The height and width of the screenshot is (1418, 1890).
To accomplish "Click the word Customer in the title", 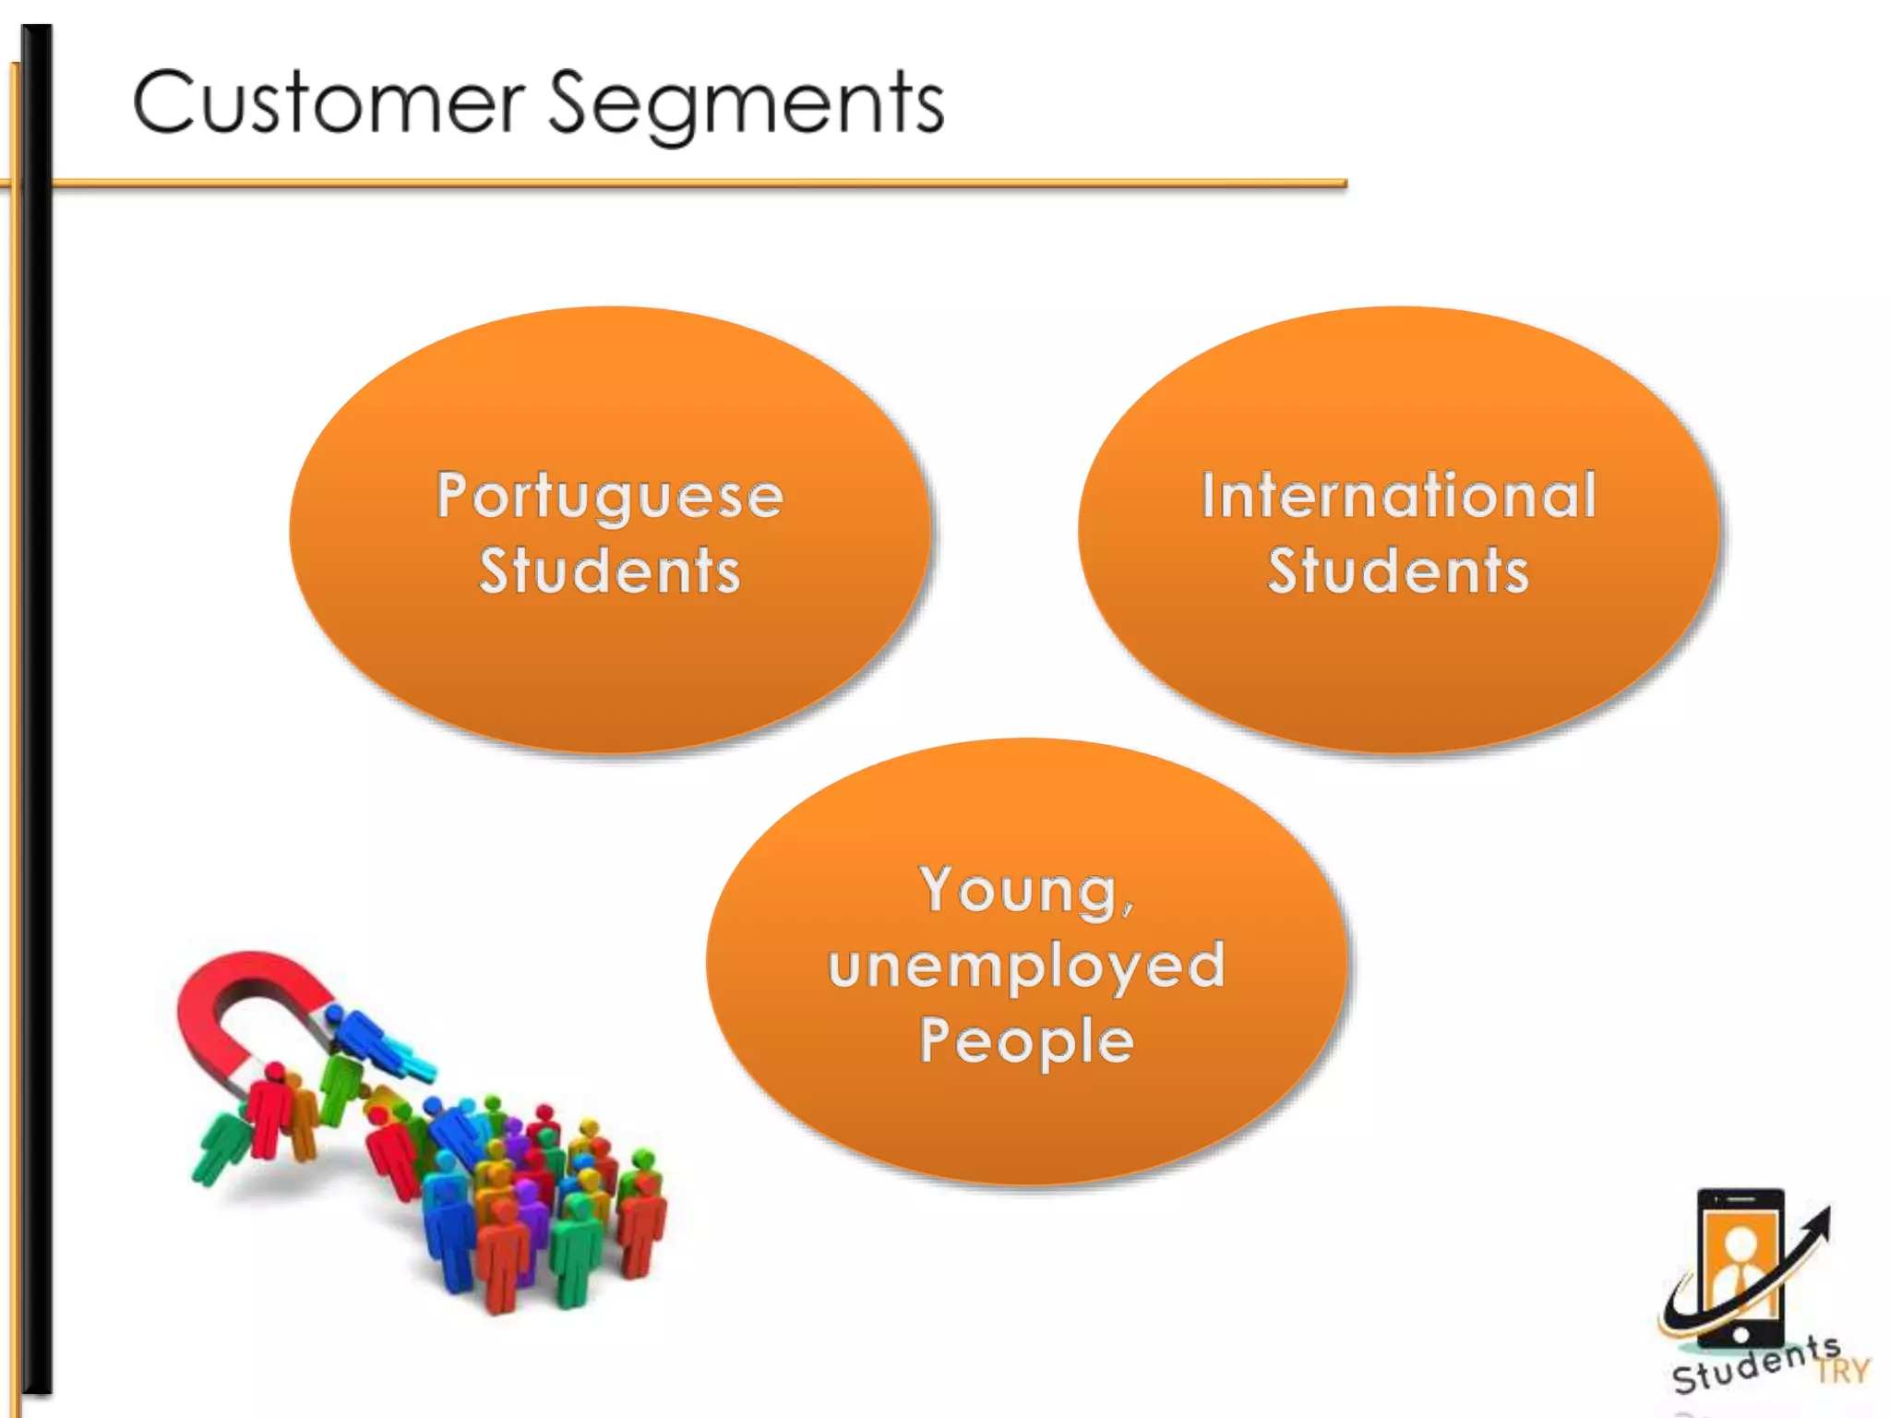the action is coord(329,103).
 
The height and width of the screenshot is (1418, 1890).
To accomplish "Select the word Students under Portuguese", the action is coord(610,571).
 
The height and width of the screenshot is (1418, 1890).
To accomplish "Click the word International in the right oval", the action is coord(1398,496).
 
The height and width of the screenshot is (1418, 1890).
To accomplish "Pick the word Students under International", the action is coord(1398,571).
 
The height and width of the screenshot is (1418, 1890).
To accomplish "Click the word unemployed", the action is coord(1026,966).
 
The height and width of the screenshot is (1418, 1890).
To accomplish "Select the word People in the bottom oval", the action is coord(1026,1040).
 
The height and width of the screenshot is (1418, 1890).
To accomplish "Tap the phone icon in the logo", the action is coord(1740,1265).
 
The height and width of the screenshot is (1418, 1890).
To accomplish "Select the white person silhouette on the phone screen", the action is coord(1739,1265).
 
